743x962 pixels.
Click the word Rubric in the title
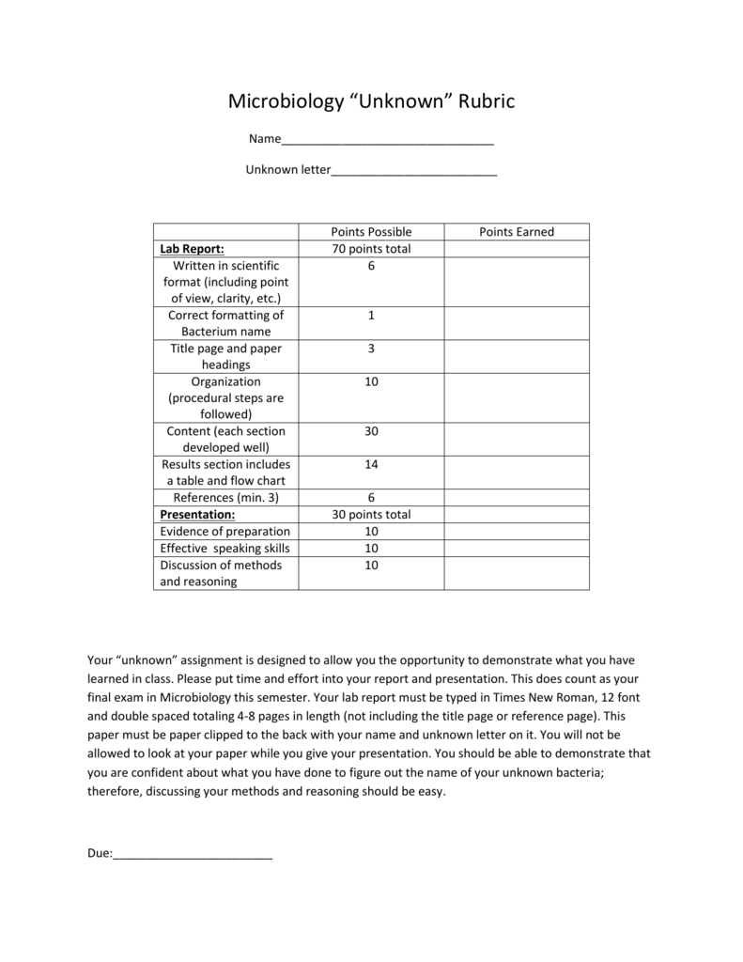(x=487, y=101)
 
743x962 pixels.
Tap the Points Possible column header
(x=371, y=232)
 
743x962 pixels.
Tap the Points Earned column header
(x=517, y=232)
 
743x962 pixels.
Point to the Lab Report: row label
(x=192, y=249)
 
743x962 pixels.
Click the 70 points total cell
(x=371, y=249)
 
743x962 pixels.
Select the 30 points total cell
(x=371, y=515)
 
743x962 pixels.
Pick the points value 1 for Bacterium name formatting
(x=371, y=316)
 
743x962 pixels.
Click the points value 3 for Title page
(x=371, y=349)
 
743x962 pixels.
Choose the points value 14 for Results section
(x=371, y=465)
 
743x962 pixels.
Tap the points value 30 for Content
(x=371, y=431)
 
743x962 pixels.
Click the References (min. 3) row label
(x=226, y=498)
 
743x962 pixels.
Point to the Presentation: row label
(x=197, y=515)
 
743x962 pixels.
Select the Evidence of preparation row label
(x=224, y=532)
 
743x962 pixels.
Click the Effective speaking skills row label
(x=224, y=549)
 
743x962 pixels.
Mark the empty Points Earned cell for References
(x=517, y=498)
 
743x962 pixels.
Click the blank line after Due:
(x=193, y=855)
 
